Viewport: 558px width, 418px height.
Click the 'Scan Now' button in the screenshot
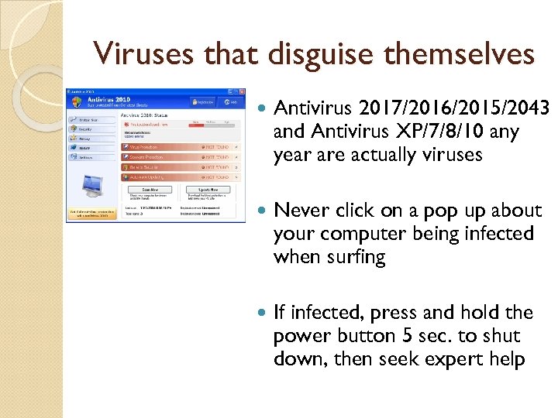pos(150,189)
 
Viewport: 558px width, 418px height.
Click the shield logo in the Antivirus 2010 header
pos(76,102)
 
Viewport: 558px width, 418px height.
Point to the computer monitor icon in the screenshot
pos(93,185)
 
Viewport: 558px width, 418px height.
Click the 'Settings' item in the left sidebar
pos(87,157)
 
